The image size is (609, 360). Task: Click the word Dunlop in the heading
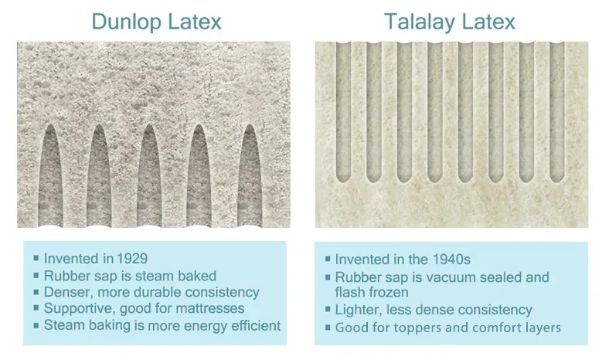coord(125,22)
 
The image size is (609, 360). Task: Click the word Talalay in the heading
coord(419,22)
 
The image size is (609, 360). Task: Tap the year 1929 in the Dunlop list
coord(132,259)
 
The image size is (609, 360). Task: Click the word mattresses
coord(209,308)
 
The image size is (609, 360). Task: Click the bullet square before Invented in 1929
coord(36,258)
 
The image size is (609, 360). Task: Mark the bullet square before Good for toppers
coord(328,328)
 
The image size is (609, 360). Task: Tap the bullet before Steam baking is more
coord(36,325)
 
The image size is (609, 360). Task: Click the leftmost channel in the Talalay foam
coord(343,112)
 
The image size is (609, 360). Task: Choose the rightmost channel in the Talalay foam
coord(557,112)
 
